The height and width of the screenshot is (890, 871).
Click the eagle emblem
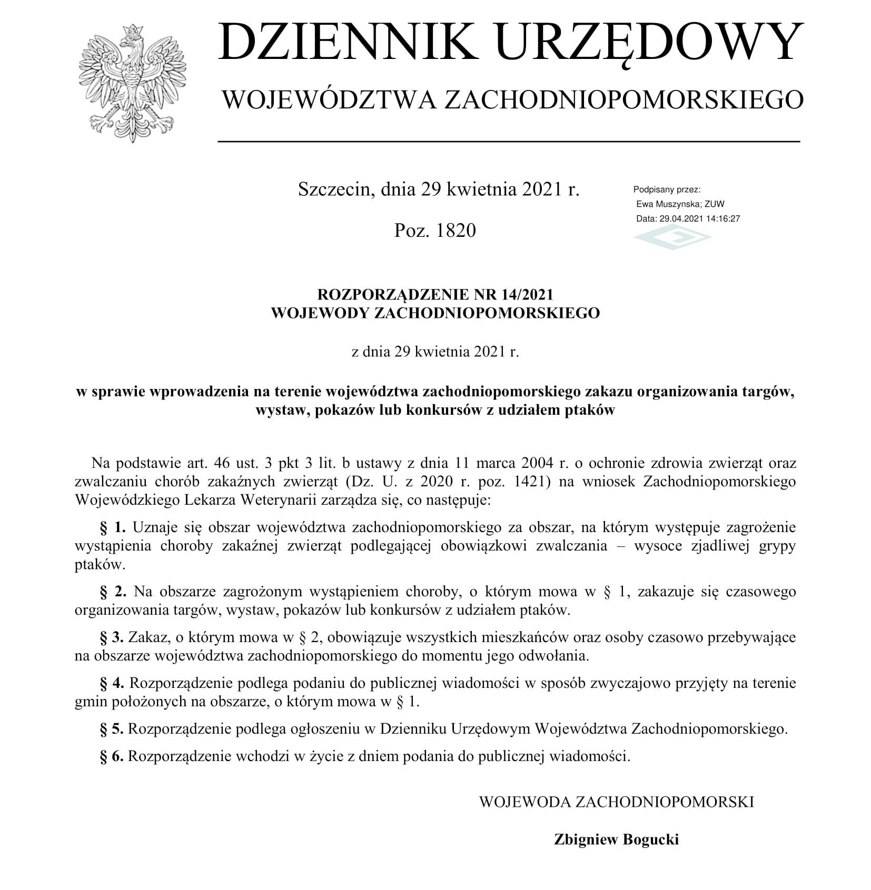pos(132,83)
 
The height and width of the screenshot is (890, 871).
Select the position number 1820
pos(456,231)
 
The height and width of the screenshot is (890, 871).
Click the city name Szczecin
pos(334,189)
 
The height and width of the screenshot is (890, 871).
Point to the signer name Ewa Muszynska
pos(667,204)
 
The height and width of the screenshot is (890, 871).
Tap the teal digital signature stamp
pos(672,236)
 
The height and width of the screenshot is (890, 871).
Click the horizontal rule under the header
pos(509,142)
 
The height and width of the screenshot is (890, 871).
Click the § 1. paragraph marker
pos(113,527)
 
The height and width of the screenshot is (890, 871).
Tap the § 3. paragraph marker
pos(112,637)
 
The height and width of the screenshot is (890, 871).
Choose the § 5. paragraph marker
pos(112,729)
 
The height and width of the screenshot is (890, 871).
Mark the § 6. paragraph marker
pos(112,756)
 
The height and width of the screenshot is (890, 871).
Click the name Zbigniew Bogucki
pos(616,839)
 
